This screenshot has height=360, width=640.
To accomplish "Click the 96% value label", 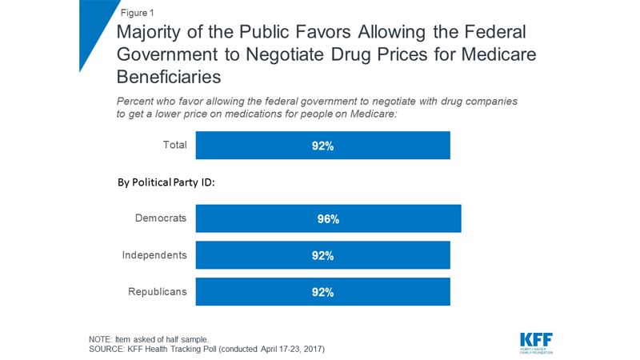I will [328, 219].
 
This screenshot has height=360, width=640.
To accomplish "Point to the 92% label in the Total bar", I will [322, 146].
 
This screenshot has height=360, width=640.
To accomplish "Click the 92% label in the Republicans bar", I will [322, 292].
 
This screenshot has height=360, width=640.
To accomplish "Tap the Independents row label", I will [154, 255].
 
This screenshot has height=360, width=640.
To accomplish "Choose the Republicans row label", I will [158, 292].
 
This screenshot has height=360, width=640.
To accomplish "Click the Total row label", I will [174, 146].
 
